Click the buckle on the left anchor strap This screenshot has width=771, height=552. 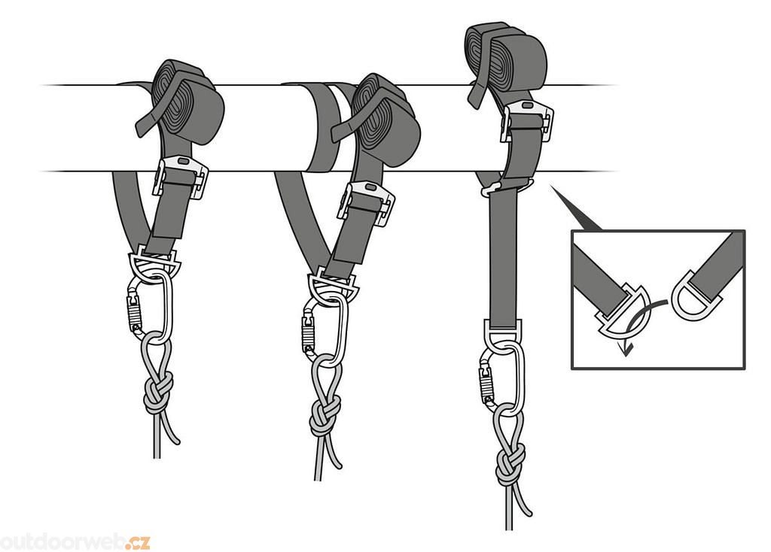click(181, 177)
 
